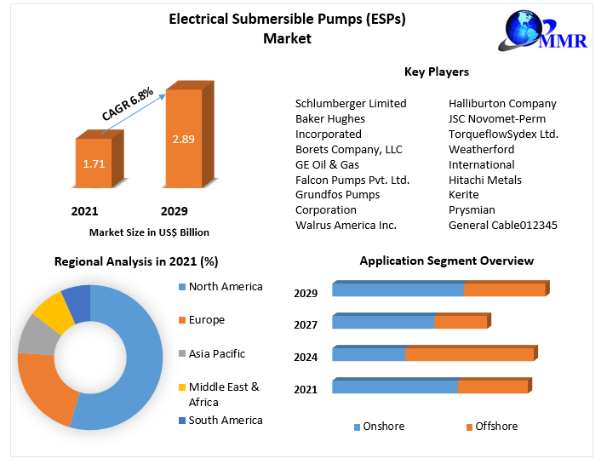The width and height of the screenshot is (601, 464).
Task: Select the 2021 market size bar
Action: tap(94, 162)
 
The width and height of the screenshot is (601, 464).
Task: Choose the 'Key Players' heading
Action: tap(436, 72)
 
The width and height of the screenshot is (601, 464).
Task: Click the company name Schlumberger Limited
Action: tap(351, 103)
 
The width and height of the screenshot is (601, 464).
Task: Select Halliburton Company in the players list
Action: tap(502, 103)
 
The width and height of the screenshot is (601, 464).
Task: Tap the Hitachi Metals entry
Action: tap(485, 180)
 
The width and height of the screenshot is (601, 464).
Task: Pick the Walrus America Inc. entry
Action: tap(346, 225)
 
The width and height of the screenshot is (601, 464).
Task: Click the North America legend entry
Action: tap(226, 287)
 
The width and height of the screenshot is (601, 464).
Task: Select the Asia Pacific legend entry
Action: tap(216, 353)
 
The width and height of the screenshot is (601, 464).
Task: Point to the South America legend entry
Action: tap(225, 420)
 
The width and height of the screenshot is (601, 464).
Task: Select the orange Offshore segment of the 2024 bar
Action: tap(469, 354)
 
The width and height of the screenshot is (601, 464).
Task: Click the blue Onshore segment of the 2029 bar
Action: tap(398, 290)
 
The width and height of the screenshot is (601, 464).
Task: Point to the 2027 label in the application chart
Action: tap(306, 324)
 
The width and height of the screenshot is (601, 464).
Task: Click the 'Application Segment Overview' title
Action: tap(446, 261)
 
